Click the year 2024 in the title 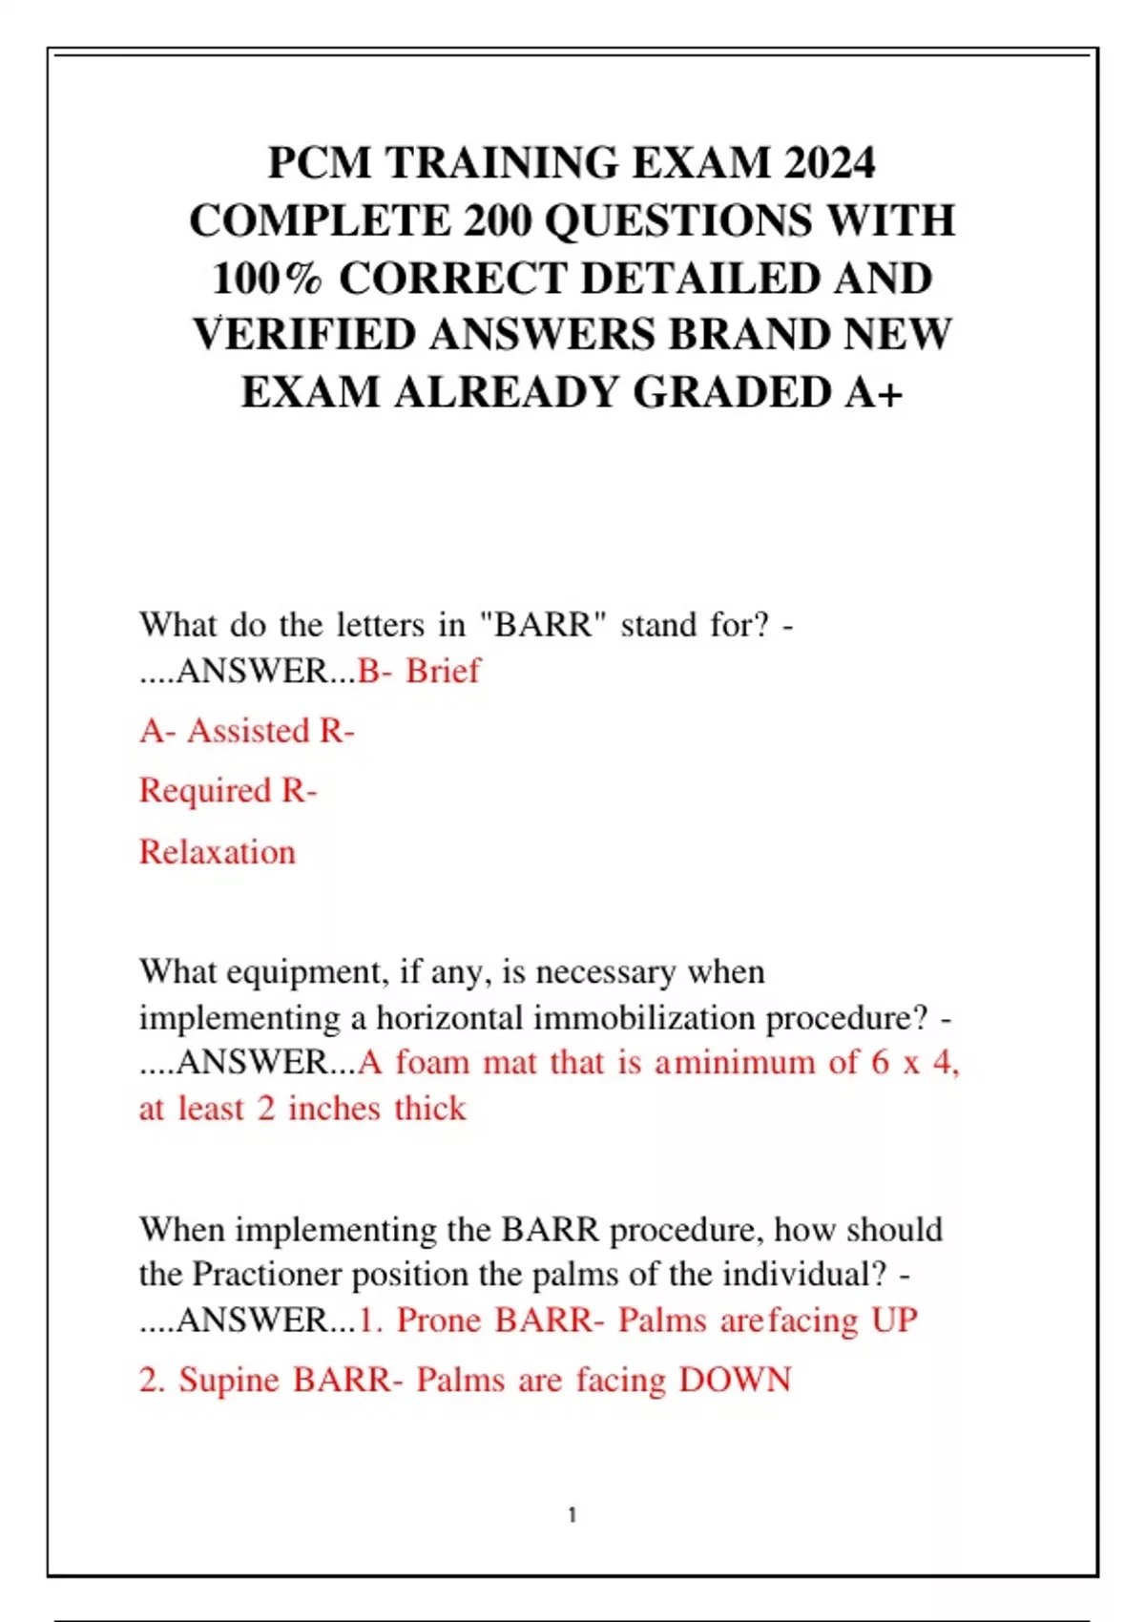(829, 163)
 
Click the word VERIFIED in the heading (304, 335)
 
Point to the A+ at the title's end (874, 392)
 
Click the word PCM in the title (320, 163)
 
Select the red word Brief (443, 671)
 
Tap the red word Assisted (249, 731)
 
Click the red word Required (205, 791)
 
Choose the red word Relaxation (218, 852)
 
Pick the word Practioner (267, 1275)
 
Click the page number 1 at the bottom (572, 1515)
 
